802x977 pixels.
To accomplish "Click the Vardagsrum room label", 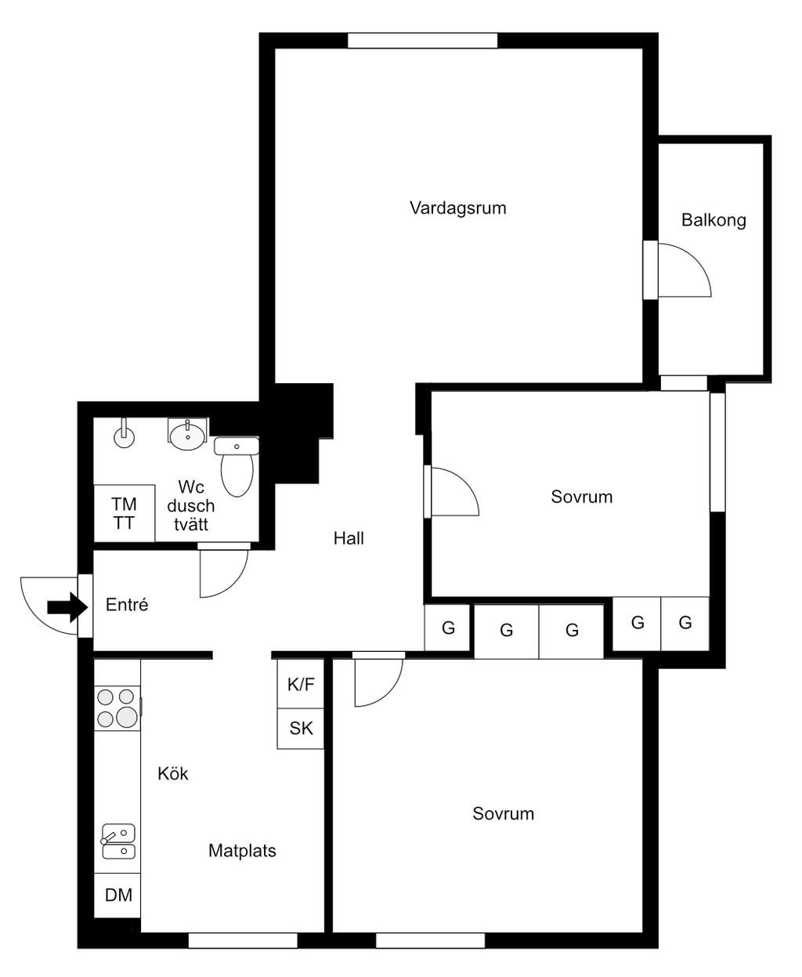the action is point(457,208).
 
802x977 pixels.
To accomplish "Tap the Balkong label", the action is point(713,220).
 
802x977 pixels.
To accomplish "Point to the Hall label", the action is point(349,538).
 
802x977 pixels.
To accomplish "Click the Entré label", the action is point(127,605).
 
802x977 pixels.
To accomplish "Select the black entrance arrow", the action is point(67,607).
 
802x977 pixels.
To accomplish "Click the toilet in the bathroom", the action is point(237,466).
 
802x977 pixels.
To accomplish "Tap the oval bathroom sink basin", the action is point(187,436).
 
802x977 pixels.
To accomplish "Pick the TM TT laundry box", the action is point(124,513).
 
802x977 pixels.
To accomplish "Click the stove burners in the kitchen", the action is point(117,708).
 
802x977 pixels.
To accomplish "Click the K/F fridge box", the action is point(301,684).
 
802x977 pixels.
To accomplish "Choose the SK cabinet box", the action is point(301,729).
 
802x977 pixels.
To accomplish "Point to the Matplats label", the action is point(242,851).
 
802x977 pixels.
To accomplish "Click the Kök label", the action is point(173,773).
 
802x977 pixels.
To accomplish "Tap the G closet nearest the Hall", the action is point(447,628).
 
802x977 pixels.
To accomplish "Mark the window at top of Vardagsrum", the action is point(422,40).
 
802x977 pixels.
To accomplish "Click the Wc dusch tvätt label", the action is point(191,505).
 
